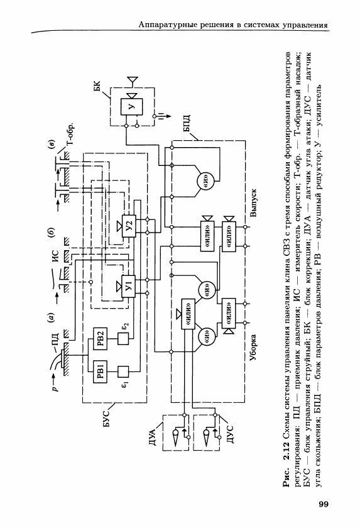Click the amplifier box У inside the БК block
click(x=132, y=107)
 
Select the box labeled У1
click(x=129, y=287)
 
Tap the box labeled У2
click(x=129, y=226)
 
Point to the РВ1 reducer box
click(x=101, y=371)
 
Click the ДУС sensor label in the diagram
click(x=231, y=433)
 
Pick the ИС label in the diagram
click(x=55, y=256)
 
